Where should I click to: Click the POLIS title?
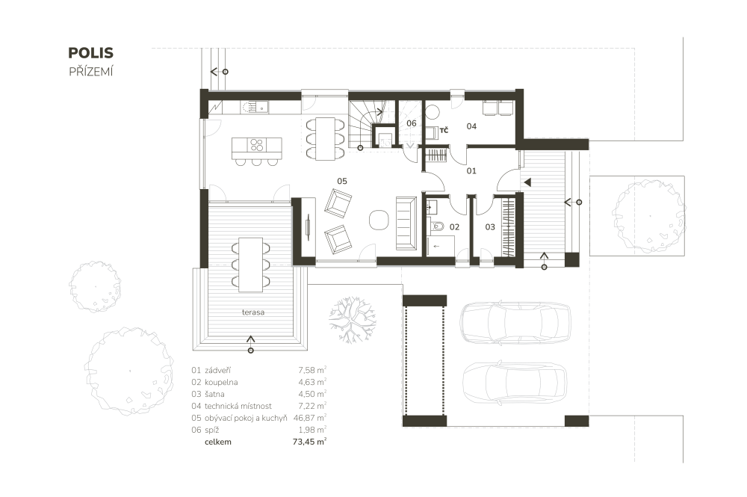coord(90,53)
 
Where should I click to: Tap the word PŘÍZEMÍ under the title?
coord(91,72)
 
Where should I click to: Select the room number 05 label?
coord(342,181)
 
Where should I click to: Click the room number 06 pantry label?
coord(411,123)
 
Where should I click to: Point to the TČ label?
coord(444,130)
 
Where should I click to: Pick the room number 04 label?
coord(471,126)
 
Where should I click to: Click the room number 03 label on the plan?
coord(490,226)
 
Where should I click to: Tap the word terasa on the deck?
coord(253,312)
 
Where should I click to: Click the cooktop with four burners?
coord(257,145)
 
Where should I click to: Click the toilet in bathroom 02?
coord(437,226)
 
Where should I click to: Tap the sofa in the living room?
coord(406,223)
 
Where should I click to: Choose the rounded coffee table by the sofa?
coord(379,220)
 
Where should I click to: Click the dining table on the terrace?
coord(250,265)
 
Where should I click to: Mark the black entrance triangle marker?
coord(527,182)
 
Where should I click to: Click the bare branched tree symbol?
coord(352,320)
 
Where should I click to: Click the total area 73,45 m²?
coord(310,442)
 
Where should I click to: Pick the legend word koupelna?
coord(221,382)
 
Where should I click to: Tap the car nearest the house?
coord(515,322)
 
